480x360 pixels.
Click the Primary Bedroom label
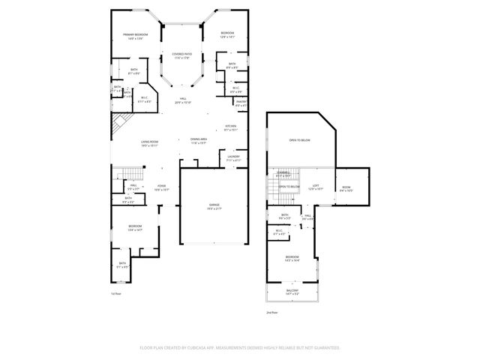click(136, 34)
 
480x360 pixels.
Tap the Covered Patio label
click(183, 54)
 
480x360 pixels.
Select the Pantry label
click(241, 102)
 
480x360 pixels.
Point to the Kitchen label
click(231, 126)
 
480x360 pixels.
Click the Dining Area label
click(199, 139)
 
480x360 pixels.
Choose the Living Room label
click(149, 142)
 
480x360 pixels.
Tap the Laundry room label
click(233, 156)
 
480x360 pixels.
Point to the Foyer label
click(162, 186)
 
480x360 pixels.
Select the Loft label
click(316, 185)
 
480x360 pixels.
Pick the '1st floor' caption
click(115, 293)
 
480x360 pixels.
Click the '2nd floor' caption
click(271, 312)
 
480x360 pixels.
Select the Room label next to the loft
click(346, 187)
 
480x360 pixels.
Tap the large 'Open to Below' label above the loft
click(300, 140)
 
